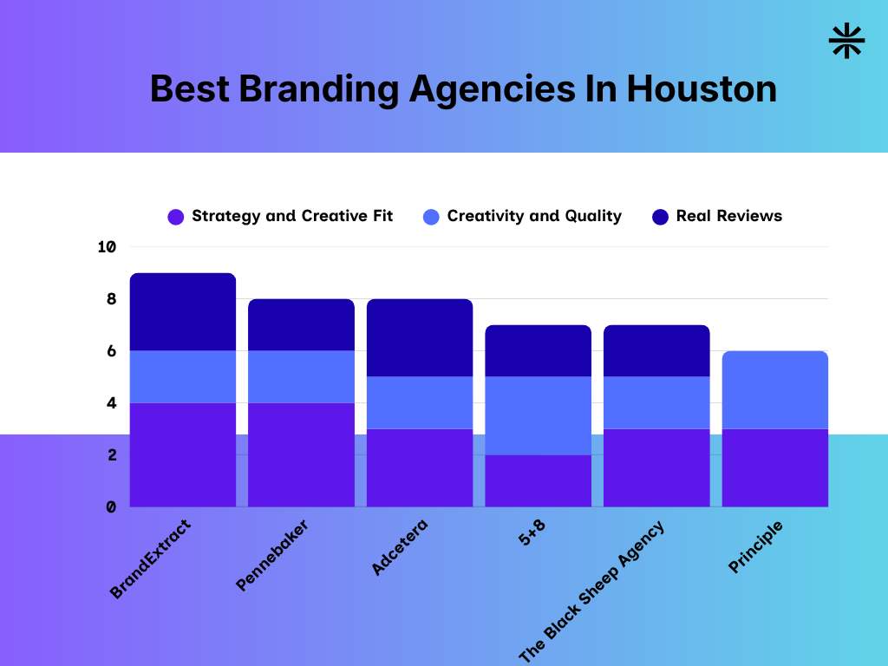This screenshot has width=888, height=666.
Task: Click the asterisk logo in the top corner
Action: (846, 42)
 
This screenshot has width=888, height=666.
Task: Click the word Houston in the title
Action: (702, 89)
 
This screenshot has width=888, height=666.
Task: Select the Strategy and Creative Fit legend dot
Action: (176, 217)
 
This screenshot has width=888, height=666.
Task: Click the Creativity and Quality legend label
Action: (534, 216)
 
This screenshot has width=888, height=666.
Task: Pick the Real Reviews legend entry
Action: (728, 216)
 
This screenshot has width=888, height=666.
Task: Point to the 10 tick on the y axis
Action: (107, 247)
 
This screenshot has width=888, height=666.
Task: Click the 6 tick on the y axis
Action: (111, 351)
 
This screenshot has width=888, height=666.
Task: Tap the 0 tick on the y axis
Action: (111, 506)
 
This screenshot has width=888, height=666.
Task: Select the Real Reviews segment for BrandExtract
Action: (183, 312)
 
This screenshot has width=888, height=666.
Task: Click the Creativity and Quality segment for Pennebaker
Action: (301, 376)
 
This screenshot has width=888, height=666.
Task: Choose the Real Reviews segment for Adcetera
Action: (420, 337)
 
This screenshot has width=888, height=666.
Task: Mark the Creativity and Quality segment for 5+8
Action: (538, 415)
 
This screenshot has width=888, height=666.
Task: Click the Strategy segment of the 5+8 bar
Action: (538, 480)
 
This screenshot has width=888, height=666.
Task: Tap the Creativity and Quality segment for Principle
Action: (774, 389)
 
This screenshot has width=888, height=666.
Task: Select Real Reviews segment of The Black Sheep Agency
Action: (656, 350)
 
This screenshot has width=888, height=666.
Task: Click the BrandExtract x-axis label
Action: (150, 559)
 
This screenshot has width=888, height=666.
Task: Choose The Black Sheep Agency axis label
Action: (591, 591)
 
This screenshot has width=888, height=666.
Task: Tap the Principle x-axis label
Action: (755, 546)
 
